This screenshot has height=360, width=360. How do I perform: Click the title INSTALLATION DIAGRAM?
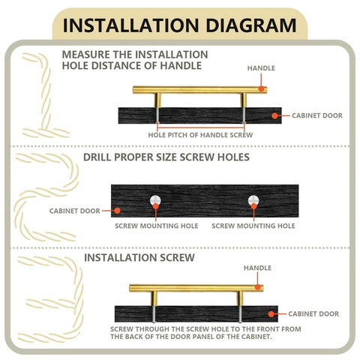point(179,25)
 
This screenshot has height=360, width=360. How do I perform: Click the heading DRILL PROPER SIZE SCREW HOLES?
point(166,157)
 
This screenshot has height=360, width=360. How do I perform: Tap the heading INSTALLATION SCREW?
point(139,257)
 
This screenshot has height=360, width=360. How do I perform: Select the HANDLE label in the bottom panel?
point(257,268)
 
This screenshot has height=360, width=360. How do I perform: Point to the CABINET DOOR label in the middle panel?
point(74,211)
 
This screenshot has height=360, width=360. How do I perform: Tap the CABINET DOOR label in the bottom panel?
point(313,314)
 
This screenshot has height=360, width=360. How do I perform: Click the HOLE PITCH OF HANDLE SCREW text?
point(200,134)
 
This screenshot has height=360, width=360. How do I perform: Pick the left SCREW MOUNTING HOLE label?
point(156,225)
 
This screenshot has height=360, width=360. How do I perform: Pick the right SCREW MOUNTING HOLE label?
point(253,225)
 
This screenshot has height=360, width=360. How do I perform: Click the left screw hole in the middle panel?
point(155,200)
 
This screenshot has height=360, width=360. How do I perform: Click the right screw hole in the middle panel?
point(253,200)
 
